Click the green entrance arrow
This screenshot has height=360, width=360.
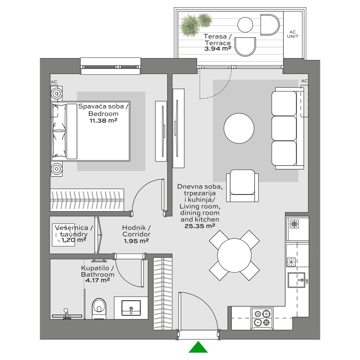click(198, 347)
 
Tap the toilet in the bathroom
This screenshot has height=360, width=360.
click(99, 309)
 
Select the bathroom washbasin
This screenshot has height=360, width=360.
click(131, 308)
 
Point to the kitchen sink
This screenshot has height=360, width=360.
click(297, 280)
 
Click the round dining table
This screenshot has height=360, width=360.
click(234, 255)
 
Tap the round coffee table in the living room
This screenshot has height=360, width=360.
click(239, 128)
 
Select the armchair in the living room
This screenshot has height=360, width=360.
click(242, 186)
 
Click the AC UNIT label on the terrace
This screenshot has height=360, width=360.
click(293, 34)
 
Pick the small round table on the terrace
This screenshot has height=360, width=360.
click(245, 25)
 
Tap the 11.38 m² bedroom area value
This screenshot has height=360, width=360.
click(103, 120)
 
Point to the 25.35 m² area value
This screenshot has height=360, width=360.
click(200, 226)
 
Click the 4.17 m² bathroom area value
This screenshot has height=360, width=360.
click(98, 280)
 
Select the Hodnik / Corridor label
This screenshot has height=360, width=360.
click(136, 231)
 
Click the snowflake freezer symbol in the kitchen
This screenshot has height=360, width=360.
click(294, 224)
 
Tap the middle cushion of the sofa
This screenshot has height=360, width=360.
click(284, 128)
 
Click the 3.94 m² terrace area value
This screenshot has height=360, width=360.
click(218, 49)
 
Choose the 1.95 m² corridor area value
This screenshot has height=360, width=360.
click(136, 241)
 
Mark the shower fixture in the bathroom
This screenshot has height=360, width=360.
click(66, 315)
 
